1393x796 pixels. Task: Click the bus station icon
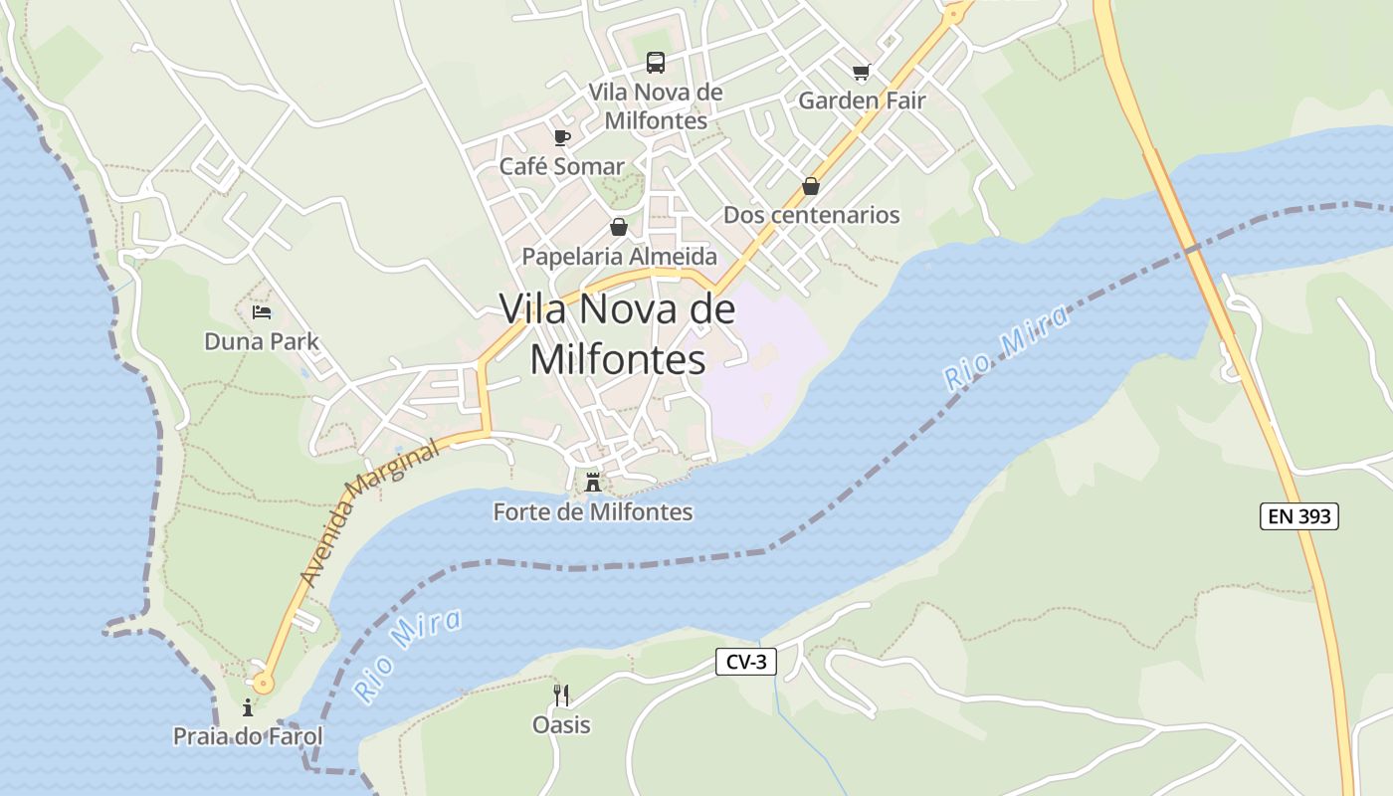(x=655, y=63)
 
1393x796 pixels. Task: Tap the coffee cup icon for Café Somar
(x=562, y=137)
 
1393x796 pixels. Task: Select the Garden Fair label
(x=862, y=100)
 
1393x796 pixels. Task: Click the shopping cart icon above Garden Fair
(x=861, y=72)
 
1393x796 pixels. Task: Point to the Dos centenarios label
(x=811, y=215)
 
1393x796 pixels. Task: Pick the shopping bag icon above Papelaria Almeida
(x=619, y=227)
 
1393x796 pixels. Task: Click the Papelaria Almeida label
(x=619, y=257)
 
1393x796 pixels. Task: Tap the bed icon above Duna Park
(x=262, y=312)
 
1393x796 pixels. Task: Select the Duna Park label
(x=262, y=342)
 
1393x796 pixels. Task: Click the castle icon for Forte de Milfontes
(x=593, y=484)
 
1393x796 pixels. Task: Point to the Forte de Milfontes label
(x=593, y=512)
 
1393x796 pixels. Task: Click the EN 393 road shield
(x=1299, y=516)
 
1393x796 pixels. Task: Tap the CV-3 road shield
(x=745, y=662)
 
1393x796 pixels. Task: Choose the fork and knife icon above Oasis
(x=561, y=695)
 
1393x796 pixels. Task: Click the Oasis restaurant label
(x=561, y=725)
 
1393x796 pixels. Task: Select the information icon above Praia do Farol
(x=248, y=707)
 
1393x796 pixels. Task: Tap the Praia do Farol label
(x=248, y=737)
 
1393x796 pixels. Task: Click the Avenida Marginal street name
(x=368, y=514)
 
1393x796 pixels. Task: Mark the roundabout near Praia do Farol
(x=262, y=683)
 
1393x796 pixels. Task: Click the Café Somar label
(x=561, y=167)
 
